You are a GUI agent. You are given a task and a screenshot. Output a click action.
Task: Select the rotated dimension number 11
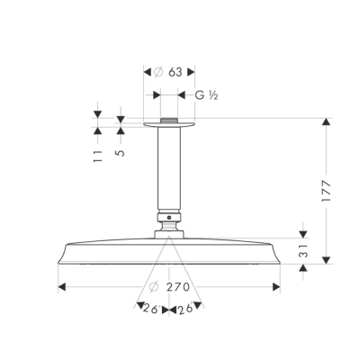pyautogui.click(x=97, y=157)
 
